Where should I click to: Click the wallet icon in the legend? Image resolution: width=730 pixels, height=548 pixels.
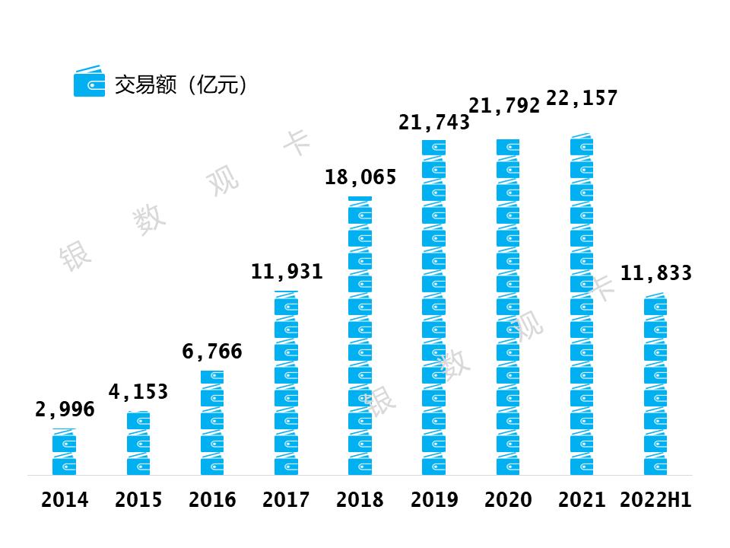click(x=89, y=82)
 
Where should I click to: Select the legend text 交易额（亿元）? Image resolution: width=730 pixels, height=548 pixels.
click(x=181, y=84)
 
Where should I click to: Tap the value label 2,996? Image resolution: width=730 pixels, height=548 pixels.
click(x=65, y=409)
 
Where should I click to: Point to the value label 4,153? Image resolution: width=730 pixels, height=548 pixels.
click(x=138, y=392)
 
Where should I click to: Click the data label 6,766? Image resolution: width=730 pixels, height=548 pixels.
click(x=212, y=352)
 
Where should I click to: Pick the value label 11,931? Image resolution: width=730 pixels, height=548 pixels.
click(x=287, y=271)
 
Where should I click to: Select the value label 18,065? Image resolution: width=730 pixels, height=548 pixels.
click(x=360, y=178)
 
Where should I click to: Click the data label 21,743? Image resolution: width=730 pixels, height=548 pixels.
click(x=434, y=122)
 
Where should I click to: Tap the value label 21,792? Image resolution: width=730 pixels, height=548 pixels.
click(x=504, y=106)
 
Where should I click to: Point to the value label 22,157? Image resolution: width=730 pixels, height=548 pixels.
click(x=582, y=98)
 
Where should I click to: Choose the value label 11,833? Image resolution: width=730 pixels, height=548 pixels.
click(x=656, y=273)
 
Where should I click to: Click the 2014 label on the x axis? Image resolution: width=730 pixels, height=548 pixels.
click(x=65, y=500)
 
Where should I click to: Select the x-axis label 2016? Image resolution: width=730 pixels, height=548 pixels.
click(x=212, y=500)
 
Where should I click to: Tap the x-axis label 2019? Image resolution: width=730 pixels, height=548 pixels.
click(x=434, y=500)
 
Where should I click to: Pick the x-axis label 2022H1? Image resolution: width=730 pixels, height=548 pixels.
click(x=655, y=500)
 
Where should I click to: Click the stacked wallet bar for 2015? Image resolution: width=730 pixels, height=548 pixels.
click(x=138, y=444)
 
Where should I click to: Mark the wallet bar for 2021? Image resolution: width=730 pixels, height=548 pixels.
click(x=582, y=304)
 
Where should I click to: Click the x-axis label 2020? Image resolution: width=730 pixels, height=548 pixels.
click(x=508, y=500)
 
